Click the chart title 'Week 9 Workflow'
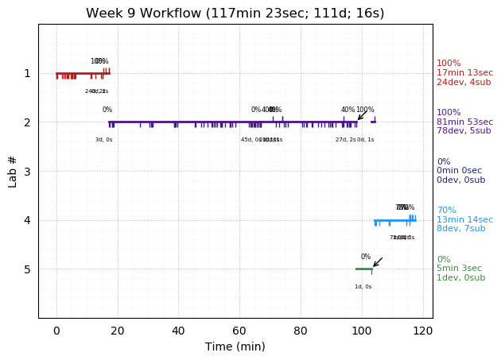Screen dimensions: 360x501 pyautogui.click(x=235, y=14)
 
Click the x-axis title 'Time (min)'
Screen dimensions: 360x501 pyautogui.click(x=235, y=346)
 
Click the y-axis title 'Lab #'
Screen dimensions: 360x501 pyautogui.click(x=13, y=171)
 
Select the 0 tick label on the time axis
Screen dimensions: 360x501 pyautogui.click(x=56, y=330)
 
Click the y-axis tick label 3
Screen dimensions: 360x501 pyautogui.click(x=26, y=172)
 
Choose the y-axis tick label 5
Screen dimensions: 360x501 pyautogui.click(x=26, y=269)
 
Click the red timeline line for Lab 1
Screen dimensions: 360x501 pyautogui.click(x=80, y=73)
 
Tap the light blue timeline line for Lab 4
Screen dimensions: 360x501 pyautogui.click(x=394, y=220)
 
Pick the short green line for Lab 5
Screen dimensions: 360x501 pyautogui.click(x=363, y=269)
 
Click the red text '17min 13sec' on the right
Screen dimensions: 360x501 pyautogui.click(x=464, y=73)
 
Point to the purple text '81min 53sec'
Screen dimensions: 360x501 pyautogui.click(x=464, y=122)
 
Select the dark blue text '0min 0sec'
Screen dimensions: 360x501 pyautogui.click(x=460, y=171)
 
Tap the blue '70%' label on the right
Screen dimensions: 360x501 pyautogui.click(x=446, y=211)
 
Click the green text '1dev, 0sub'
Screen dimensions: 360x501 pyautogui.click(x=461, y=278)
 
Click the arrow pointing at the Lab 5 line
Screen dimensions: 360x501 pyautogui.click(x=378, y=262)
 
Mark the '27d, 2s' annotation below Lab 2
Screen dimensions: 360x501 pyautogui.click(x=346, y=140)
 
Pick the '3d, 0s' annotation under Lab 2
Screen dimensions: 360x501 pyautogui.click(x=103, y=140)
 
